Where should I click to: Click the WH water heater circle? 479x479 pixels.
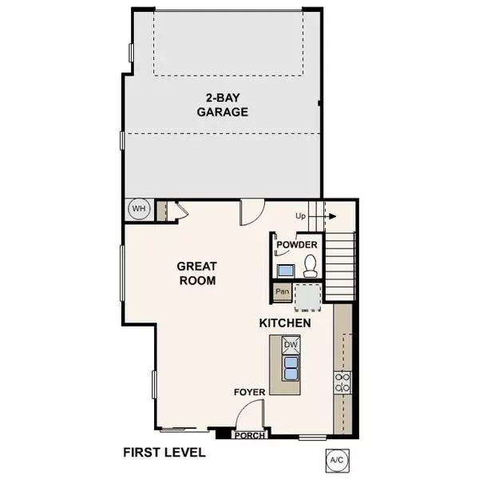(140, 209)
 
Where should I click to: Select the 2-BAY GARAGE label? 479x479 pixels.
(222, 106)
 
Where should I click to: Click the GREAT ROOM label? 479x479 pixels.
(197, 273)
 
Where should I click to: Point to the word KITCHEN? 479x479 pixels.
(284, 323)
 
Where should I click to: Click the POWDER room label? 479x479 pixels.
(298, 245)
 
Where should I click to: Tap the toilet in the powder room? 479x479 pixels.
(310, 266)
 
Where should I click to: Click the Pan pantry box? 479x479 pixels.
(282, 292)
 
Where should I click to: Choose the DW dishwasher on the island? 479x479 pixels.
(291, 345)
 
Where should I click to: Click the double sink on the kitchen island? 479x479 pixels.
(291, 368)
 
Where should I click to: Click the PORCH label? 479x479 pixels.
(250, 436)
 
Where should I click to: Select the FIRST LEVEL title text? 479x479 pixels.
(164, 453)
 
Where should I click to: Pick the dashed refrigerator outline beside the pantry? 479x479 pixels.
(308, 297)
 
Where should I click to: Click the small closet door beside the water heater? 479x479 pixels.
(177, 211)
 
